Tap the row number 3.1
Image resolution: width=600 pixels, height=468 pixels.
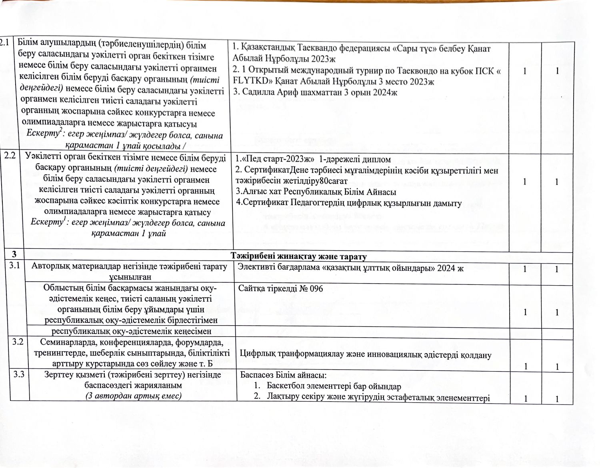pyautogui.click(x=16, y=265)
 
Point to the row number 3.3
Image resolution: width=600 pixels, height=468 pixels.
pyautogui.click(x=19, y=374)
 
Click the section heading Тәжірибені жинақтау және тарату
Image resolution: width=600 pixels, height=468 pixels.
pyautogui.click(x=299, y=256)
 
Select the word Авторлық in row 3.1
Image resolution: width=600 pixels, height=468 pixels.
pyautogui.click(x=49, y=266)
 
